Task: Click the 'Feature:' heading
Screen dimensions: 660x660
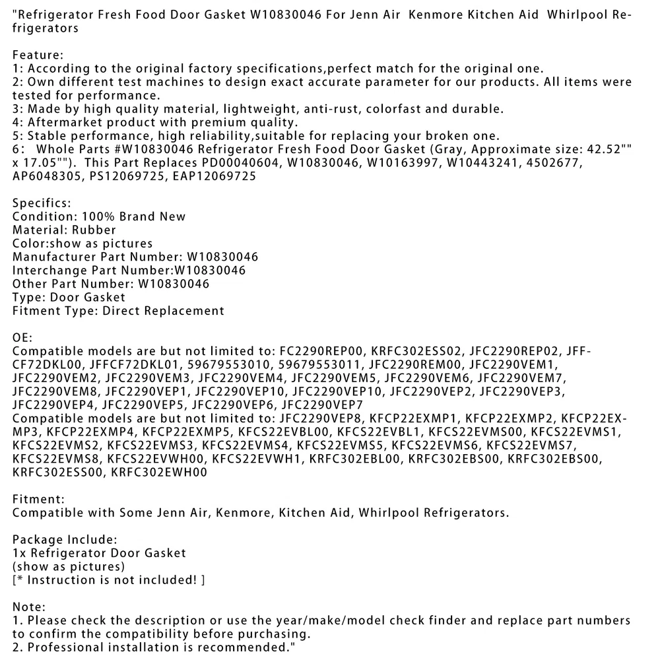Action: (37, 55)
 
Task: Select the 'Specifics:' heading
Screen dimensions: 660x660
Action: (42, 203)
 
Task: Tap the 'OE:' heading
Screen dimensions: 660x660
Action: (21, 338)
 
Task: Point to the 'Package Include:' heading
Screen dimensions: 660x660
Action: (65, 539)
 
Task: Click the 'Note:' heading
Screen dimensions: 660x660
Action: (29, 607)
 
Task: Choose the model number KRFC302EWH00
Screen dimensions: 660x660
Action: (159, 472)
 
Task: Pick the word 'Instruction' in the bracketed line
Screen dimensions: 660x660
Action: (65, 579)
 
